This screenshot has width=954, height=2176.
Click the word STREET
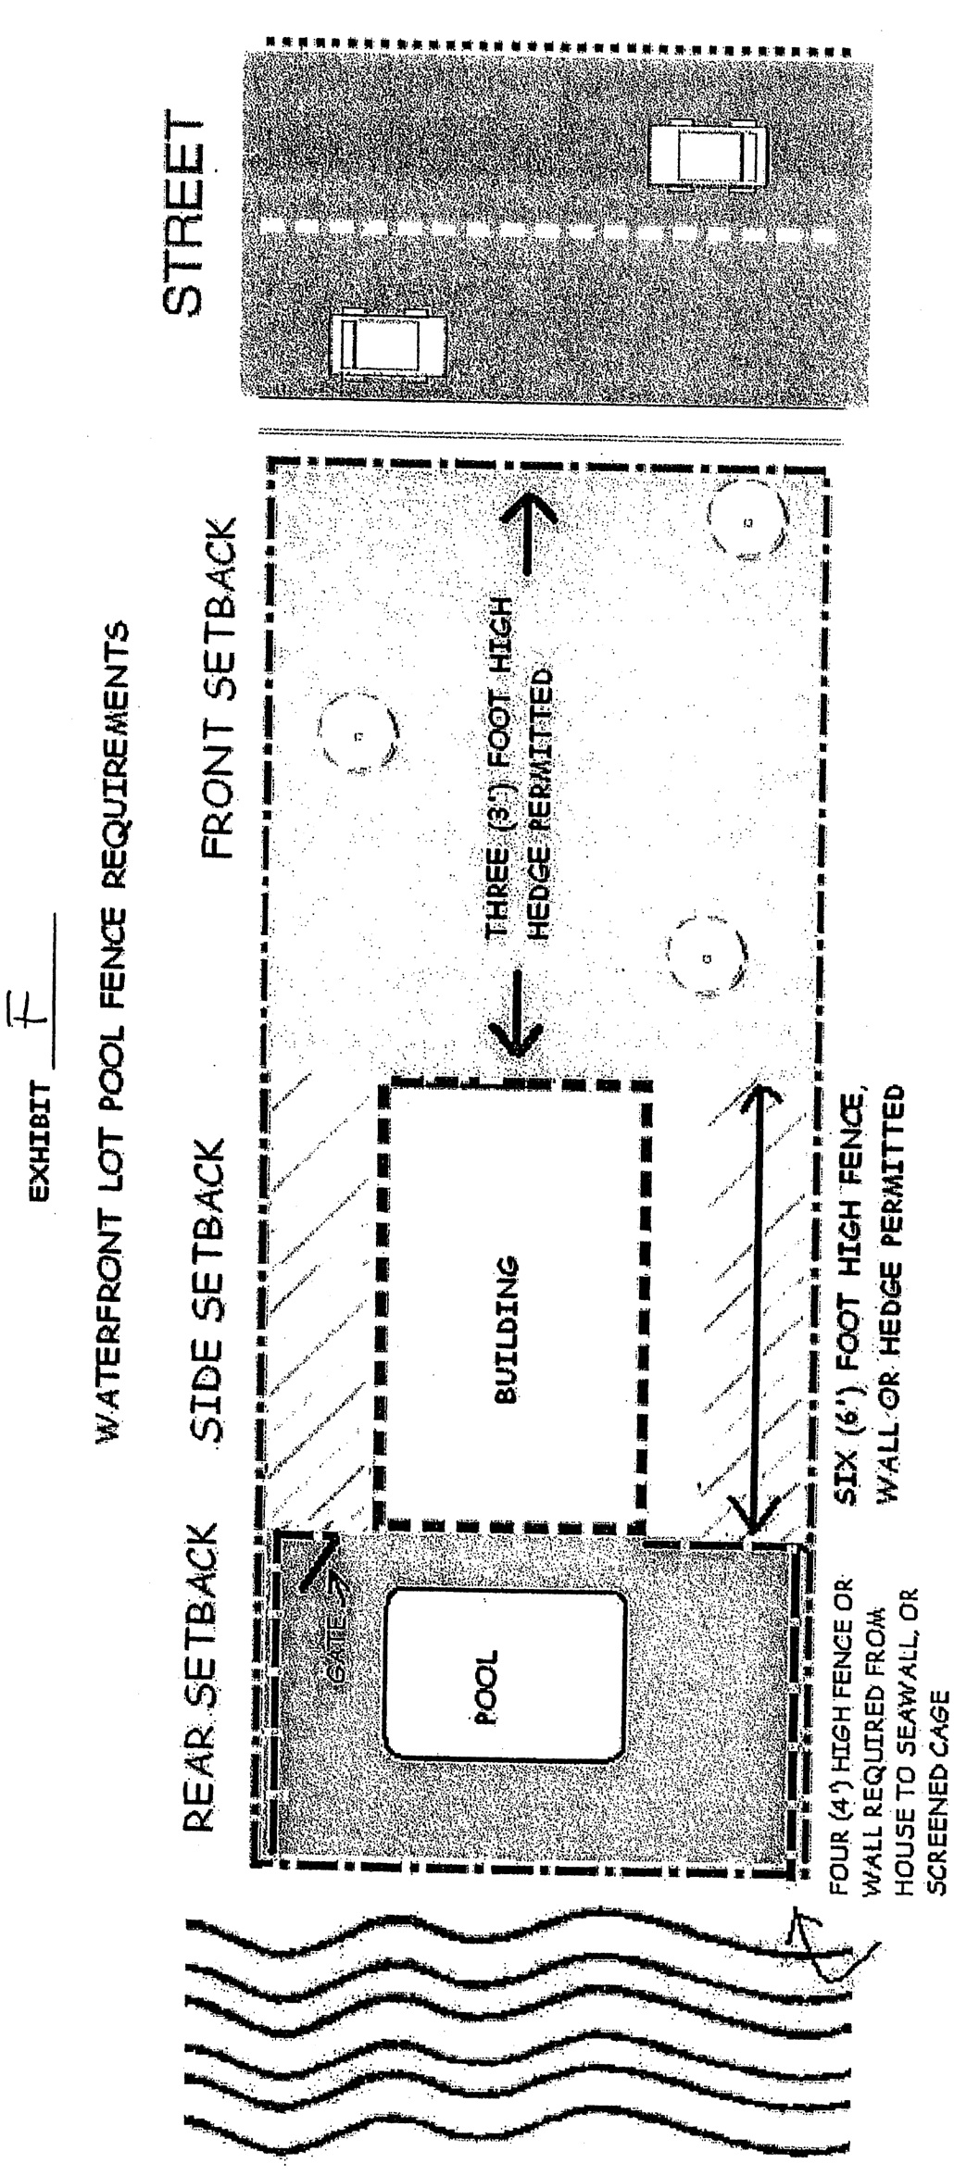182,217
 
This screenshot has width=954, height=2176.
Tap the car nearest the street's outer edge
708,155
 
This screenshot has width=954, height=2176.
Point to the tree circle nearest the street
747,523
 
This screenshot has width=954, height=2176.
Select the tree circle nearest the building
707,957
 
